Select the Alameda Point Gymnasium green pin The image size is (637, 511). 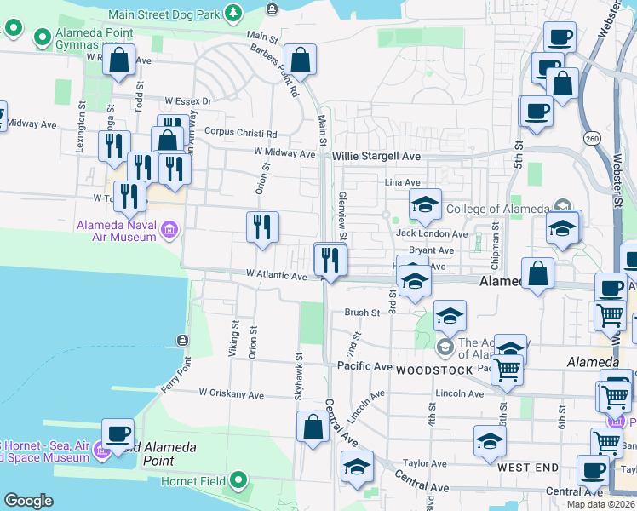(42, 37)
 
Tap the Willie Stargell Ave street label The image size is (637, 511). (376, 157)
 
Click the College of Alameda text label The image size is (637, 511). (497, 210)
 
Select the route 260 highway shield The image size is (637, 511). (592, 138)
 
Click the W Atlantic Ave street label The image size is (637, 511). (276, 276)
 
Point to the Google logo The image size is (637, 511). (28, 501)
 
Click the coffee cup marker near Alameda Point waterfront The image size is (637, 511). (118, 434)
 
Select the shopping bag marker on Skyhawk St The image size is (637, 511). (313, 427)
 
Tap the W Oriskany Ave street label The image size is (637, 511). (245, 394)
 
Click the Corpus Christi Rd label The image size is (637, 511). (242, 134)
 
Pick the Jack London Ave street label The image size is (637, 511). (432, 233)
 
